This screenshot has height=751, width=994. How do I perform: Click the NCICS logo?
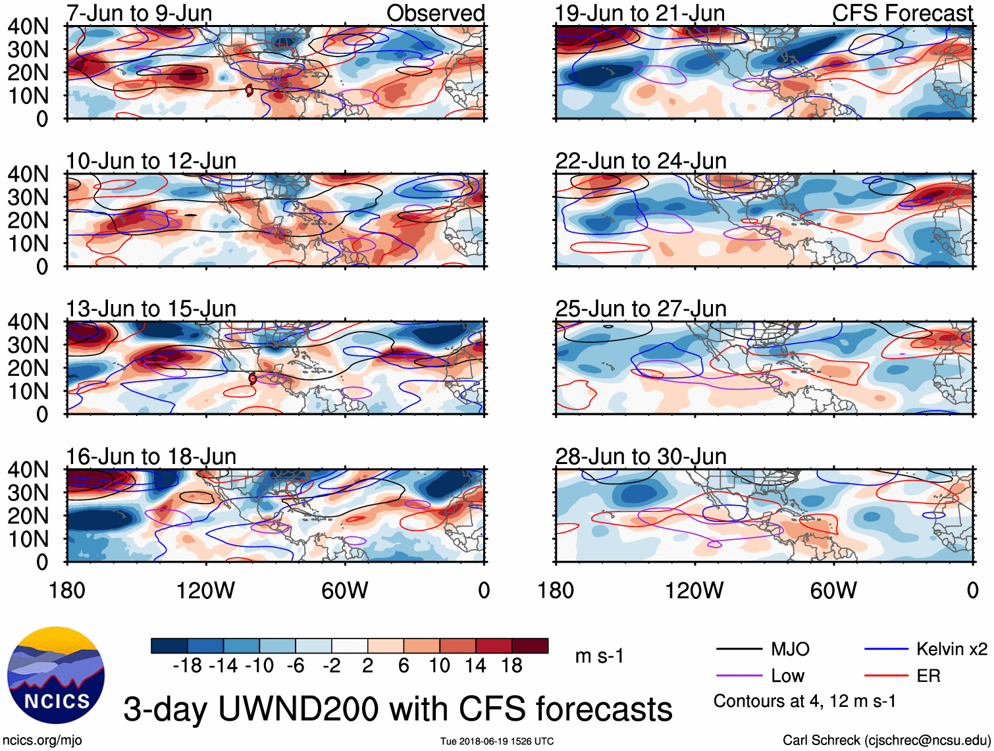(x=56, y=675)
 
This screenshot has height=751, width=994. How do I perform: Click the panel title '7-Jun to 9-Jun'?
(x=139, y=13)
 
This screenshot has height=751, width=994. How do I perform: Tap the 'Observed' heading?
(x=435, y=13)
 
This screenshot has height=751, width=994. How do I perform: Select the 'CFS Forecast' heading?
(x=902, y=13)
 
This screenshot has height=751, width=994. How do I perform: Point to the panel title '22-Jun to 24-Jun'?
(x=641, y=161)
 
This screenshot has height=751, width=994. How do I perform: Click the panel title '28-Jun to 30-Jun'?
(x=641, y=456)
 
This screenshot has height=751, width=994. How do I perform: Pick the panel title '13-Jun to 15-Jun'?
(x=151, y=309)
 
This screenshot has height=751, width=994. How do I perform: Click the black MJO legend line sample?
(x=739, y=650)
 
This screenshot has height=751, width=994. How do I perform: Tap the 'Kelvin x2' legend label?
(x=951, y=650)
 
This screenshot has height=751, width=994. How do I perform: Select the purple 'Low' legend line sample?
(x=739, y=676)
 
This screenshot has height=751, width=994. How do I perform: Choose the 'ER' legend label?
(x=928, y=676)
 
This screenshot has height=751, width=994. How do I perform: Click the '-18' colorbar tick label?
(x=188, y=666)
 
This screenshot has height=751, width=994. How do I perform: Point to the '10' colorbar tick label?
(x=439, y=666)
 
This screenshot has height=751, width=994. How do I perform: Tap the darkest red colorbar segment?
(x=530, y=646)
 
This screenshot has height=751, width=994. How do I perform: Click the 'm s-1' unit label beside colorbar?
(x=599, y=656)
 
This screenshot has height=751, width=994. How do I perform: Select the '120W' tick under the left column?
(x=205, y=590)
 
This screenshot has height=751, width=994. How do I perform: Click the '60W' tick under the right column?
(x=833, y=590)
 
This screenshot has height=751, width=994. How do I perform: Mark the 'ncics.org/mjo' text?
(x=42, y=740)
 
